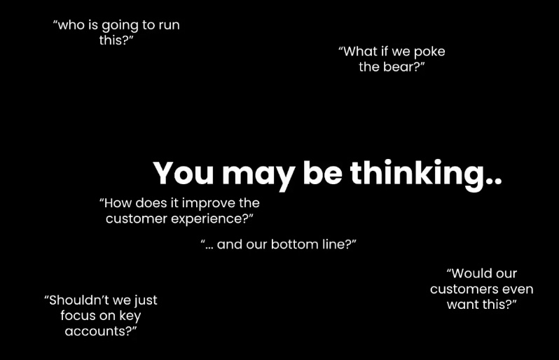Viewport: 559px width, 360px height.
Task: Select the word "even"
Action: [x=516, y=289]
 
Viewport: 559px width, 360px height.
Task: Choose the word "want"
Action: [x=464, y=305]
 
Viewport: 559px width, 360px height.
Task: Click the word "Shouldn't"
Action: [x=76, y=300]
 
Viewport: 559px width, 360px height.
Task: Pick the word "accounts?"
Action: [x=100, y=331]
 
